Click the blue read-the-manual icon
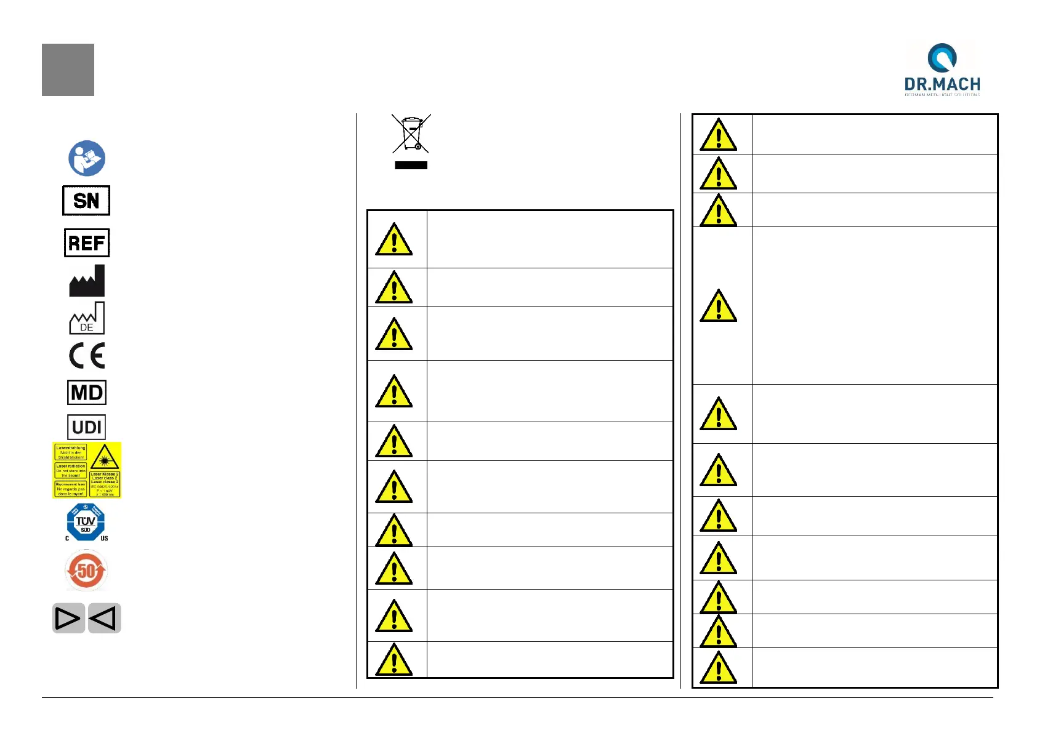(87, 158)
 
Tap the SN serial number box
(86, 201)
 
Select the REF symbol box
(87, 243)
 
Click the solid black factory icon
(87, 281)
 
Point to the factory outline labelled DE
(87, 319)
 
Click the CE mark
(87, 356)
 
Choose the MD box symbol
(87, 392)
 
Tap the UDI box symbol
(87, 427)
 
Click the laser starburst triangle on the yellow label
(104, 458)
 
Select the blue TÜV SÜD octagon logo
(86, 523)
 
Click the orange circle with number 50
(86, 571)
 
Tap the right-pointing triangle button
(68, 618)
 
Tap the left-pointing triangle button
(104, 618)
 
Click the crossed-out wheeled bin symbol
(411, 134)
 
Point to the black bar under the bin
(411, 165)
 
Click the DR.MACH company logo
(942, 69)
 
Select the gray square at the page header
(68, 70)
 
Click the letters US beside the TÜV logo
(104, 539)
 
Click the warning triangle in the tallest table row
(718, 306)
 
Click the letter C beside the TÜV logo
(67, 539)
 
